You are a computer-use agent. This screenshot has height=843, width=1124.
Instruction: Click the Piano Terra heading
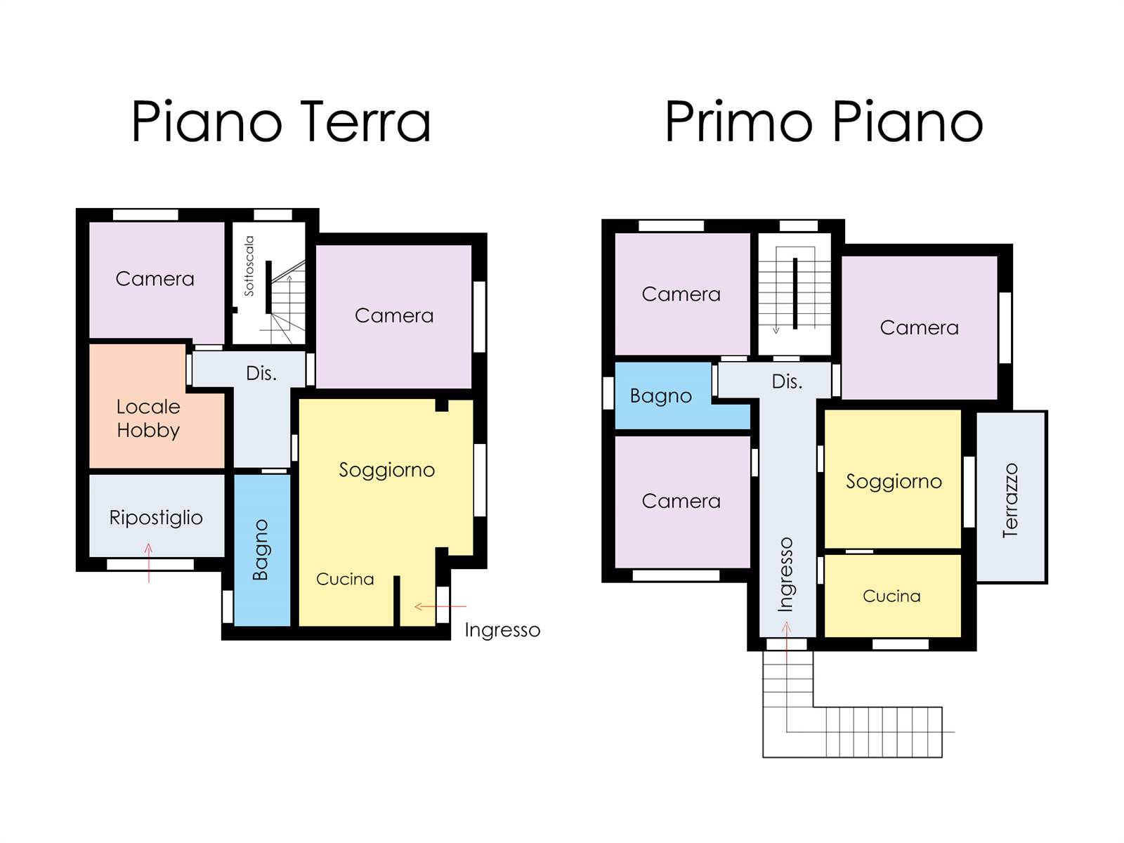point(281,122)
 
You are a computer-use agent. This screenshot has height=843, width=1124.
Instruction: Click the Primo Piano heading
point(823,122)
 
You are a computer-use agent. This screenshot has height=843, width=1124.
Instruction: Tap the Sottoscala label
point(249,266)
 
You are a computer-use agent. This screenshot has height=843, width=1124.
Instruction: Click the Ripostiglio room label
point(156,518)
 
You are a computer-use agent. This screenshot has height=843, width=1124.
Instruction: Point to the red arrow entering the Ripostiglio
point(148,563)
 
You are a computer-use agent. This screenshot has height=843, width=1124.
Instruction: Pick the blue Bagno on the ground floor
point(262,550)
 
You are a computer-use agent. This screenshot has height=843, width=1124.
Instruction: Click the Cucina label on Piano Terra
point(345,579)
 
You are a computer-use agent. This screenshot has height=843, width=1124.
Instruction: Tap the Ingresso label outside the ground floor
point(502,630)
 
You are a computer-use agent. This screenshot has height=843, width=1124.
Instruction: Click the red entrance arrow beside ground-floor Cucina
point(440,606)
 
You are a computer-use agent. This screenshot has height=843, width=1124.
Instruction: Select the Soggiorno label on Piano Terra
point(386,470)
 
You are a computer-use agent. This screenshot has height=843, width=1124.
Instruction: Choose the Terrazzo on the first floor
point(1011,497)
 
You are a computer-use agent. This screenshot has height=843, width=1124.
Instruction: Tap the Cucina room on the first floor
point(892,596)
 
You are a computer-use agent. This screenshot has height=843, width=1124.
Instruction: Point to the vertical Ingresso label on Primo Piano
point(785,574)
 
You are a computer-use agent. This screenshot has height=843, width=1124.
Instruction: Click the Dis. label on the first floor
point(787,381)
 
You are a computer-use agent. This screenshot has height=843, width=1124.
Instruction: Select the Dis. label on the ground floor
point(261,373)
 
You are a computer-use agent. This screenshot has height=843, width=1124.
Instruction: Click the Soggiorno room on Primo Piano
point(893,479)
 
